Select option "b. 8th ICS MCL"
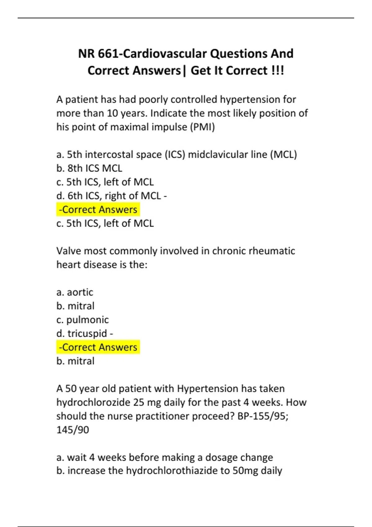pyautogui.click(x=89, y=168)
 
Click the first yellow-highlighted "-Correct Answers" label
pyautogui.click(x=98, y=210)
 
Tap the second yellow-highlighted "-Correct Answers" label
pyautogui.click(x=98, y=347)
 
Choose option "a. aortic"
pyautogui.click(x=75, y=292)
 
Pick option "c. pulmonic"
pyautogui.click(x=82, y=320)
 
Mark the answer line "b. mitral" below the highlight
pyautogui.click(x=75, y=361)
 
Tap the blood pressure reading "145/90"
pyautogui.click(x=73, y=430)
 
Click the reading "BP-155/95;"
pyautogui.click(x=263, y=416)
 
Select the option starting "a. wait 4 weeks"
pyautogui.click(x=165, y=457)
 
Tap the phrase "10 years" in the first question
pyautogui.click(x=127, y=113)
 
